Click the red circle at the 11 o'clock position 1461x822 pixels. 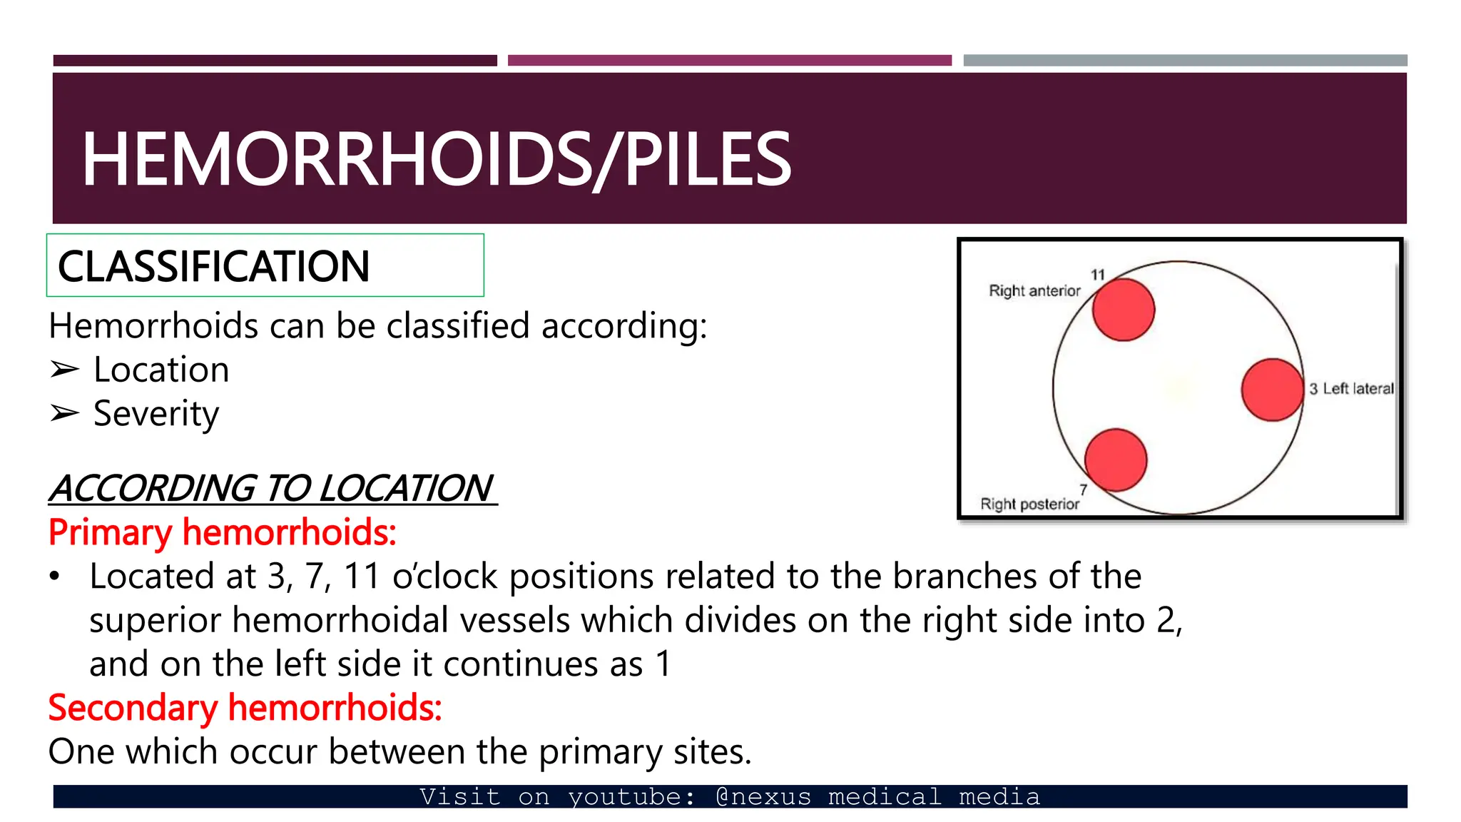click(x=1123, y=310)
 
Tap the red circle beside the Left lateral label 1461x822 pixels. click(x=1272, y=390)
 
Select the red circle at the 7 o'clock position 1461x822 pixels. click(x=1116, y=460)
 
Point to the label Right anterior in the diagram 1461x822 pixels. click(x=1034, y=291)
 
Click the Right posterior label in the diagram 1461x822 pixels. click(x=1029, y=504)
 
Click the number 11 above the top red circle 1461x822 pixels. click(x=1097, y=275)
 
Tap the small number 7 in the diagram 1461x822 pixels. click(x=1083, y=489)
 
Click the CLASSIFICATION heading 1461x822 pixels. click(x=213, y=266)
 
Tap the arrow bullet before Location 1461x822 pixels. click(x=64, y=370)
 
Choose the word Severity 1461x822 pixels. click(x=156, y=414)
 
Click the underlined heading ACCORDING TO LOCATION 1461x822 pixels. click(x=273, y=489)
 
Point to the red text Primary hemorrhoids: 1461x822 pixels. click(x=222, y=532)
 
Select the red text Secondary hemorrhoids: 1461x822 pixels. click(x=245, y=708)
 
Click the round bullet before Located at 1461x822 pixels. click(x=55, y=577)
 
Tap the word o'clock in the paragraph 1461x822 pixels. click(x=444, y=577)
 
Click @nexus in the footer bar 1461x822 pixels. click(x=763, y=796)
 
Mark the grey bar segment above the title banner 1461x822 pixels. click(x=1185, y=61)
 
